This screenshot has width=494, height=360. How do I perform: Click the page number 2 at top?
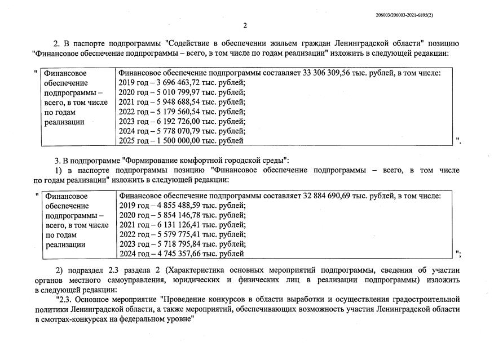click(x=245, y=25)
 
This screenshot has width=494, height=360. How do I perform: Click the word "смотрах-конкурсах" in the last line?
click(x=71, y=319)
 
